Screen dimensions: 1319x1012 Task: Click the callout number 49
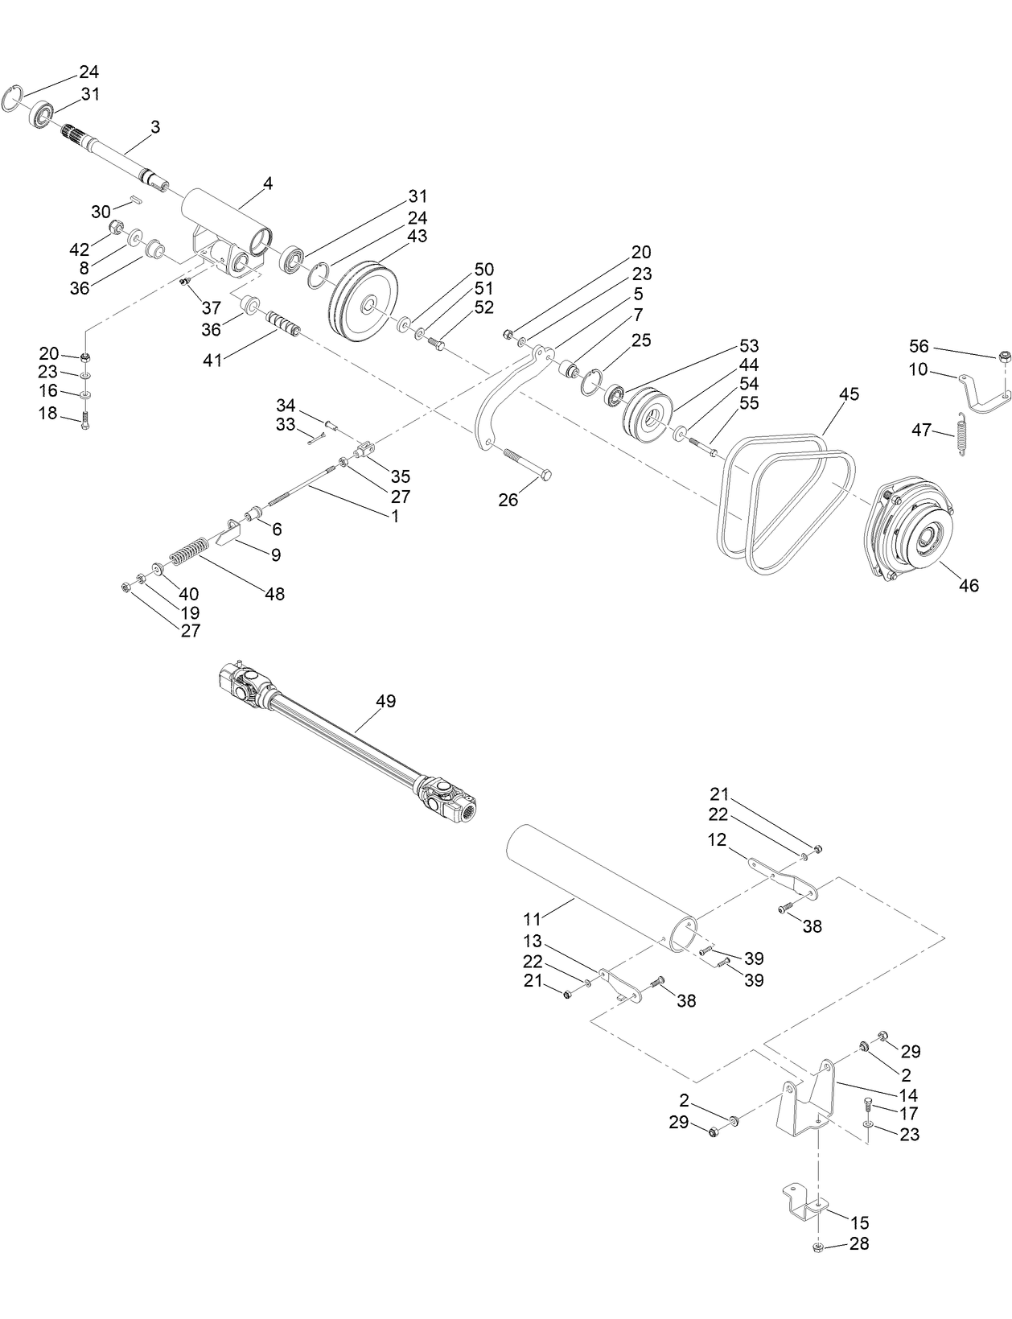[x=386, y=701]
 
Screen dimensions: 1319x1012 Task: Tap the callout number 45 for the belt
[x=849, y=394]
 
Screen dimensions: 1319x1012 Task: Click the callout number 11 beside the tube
[x=533, y=917]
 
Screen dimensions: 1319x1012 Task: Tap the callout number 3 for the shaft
[x=155, y=127]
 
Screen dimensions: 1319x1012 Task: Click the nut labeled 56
[x=1004, y=357]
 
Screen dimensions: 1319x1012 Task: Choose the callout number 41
[x=212, y=361]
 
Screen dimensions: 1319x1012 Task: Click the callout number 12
[x=717, y=840]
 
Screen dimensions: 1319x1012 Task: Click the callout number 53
[x=749, y=346]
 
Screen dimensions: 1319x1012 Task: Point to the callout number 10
[x=918, y=369]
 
